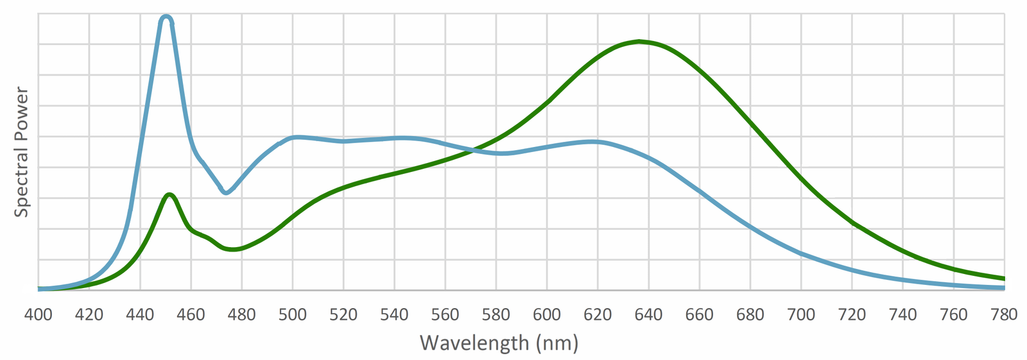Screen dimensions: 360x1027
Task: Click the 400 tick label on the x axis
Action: click(39, 314)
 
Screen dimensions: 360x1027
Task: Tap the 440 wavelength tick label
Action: click(140, 314)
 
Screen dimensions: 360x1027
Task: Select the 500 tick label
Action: click(293, 314)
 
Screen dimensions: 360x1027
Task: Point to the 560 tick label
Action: click(445, 314)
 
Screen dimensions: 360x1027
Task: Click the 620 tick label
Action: click(598, 314)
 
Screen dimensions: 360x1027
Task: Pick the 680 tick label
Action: click(750, 314)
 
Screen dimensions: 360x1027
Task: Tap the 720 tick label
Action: click(852, 314)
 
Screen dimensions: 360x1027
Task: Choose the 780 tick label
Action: click(1004, 314)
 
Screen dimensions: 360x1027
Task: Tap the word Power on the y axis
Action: click(22, 113)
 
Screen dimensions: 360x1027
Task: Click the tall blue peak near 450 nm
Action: click(166, 17)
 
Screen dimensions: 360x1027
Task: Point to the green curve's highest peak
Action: click(639, 42)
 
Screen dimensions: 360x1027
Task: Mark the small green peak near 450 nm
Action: click(169, 194)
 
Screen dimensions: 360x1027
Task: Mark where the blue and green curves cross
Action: click(474, 150)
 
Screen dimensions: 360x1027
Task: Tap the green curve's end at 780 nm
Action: click(1003, 279)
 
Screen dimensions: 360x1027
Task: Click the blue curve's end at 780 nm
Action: click(1003, 288)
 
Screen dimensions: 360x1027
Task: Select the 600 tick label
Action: click(547, 314)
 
